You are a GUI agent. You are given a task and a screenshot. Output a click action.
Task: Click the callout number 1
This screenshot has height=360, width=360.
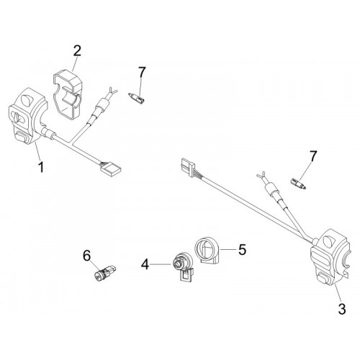click(41, 167)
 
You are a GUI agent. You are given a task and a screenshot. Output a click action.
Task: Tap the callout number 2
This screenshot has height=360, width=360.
click(77, 50)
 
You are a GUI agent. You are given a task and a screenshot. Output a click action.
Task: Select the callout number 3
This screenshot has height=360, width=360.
click(342, 308)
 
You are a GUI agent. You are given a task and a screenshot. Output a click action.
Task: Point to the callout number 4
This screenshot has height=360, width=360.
click(145, 265)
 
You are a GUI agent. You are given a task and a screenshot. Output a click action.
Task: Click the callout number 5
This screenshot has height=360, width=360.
click(242, 249)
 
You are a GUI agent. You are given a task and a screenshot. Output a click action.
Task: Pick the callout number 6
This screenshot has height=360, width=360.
click(87, 256)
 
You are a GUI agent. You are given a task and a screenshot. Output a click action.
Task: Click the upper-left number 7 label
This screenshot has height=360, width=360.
click(142, 72)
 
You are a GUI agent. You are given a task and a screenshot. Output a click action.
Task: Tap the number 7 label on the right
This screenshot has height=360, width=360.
click(313, 156)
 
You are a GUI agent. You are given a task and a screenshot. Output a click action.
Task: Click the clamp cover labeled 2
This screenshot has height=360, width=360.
click(68, 94)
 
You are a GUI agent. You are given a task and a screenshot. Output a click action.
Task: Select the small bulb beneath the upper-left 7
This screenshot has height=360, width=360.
click(137, 98)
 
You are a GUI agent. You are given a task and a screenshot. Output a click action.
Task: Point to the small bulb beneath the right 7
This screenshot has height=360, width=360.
click(298, 183)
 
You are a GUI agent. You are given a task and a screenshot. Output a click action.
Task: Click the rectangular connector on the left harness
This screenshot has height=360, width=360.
click(111, 169)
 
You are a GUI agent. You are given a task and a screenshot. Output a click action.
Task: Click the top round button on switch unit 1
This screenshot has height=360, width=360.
click(27, 99)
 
